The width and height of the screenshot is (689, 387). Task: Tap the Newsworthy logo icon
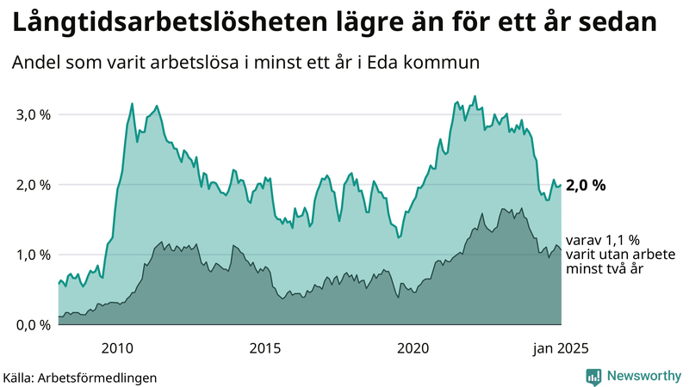(593, 376)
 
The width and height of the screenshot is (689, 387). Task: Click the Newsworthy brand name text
(643, 376)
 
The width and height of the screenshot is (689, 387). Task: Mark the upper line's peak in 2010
(132, 104)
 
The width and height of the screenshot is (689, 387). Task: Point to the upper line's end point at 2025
(562, 185)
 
